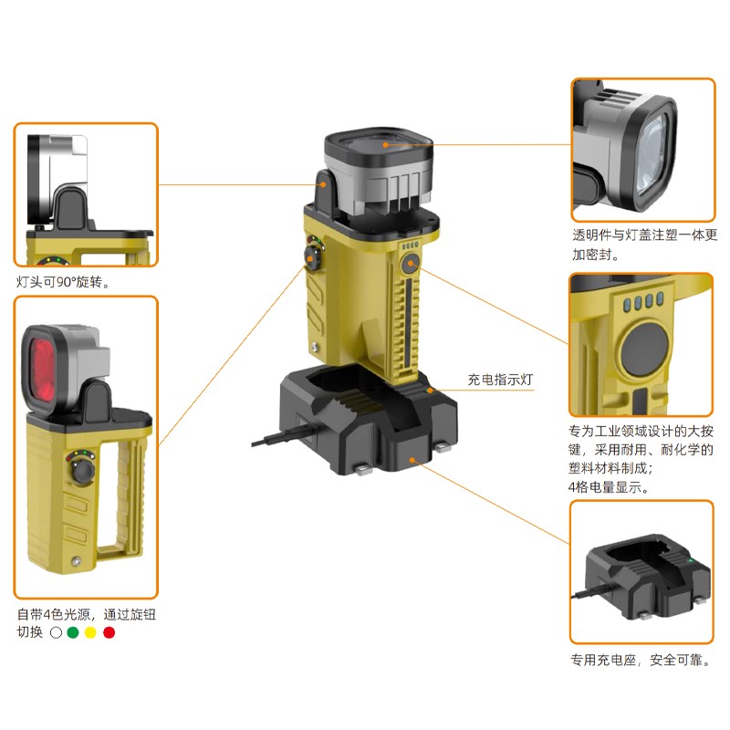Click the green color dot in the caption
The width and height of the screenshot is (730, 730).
tap(73, 632)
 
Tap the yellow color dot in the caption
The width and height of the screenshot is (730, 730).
tap(90, 632)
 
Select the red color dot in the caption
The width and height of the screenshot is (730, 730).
tap(109, 632)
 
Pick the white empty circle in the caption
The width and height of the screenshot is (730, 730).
tap(56, 632)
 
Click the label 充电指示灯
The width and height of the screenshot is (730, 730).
tap(500, 380)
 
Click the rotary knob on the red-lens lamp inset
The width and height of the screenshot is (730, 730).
tap(83, 472)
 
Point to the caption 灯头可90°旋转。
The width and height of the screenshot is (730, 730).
tap(63, 282)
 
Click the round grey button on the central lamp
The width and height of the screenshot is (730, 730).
tap(410, 264)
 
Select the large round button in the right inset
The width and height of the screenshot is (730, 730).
tap(645, 349)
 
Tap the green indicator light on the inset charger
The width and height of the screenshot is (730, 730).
tap(691, 560)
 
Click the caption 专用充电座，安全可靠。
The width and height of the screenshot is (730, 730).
tap(641, 660)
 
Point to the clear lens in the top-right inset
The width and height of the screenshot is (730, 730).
tap(654, 153)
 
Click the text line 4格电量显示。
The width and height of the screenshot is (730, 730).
tap(609, 487)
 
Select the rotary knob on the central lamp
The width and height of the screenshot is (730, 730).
tap(312, 255)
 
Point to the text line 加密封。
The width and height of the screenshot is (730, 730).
tap(596, 255)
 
